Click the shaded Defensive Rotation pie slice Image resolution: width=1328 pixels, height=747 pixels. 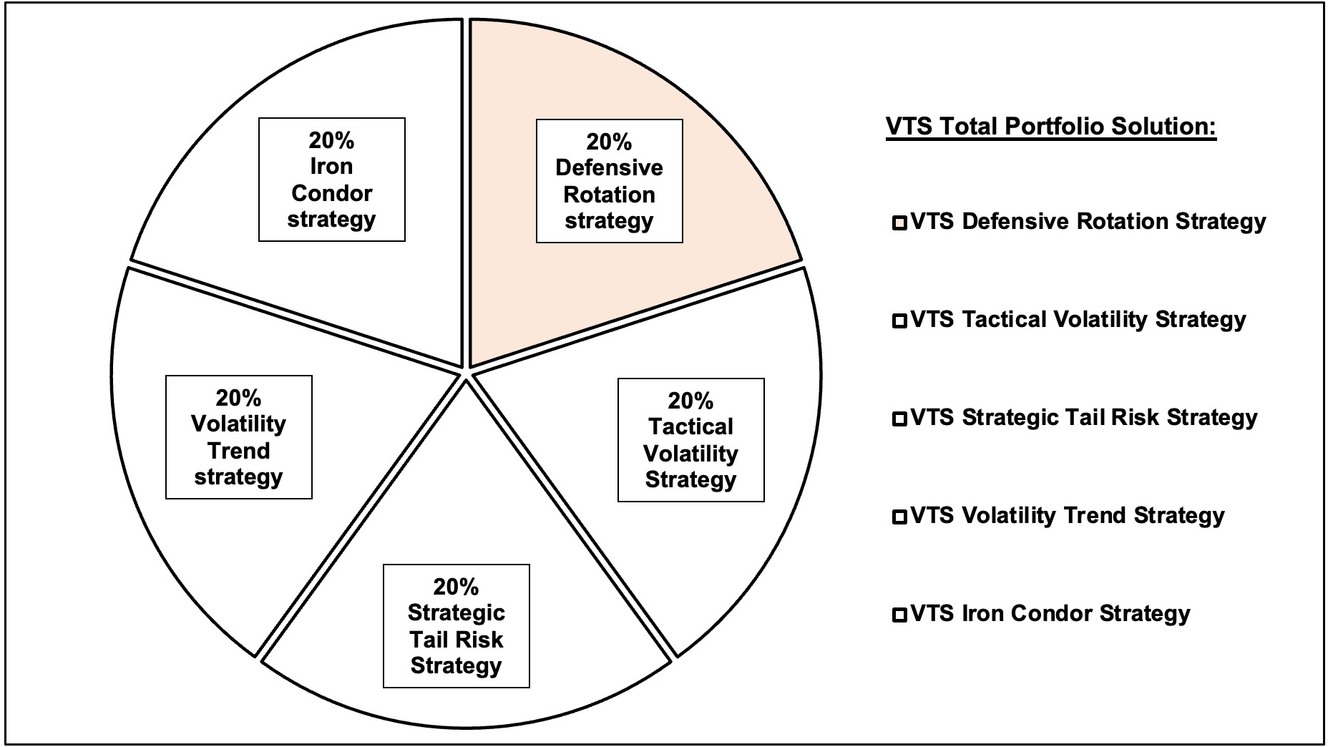point(716,286)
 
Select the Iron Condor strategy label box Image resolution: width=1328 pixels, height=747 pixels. point(332,180)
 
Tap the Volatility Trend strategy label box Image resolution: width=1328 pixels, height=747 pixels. point(239,437)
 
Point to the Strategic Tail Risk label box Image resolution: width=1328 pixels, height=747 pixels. point(456,626)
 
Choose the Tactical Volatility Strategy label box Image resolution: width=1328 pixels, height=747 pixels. point(691,440)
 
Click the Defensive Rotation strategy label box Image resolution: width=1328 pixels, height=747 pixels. point(610,181)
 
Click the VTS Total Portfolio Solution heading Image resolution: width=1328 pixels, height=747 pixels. point(1051,127)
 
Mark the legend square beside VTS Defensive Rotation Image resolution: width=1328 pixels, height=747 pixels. point(899,223)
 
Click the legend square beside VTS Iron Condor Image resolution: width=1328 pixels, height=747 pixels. point(899,615)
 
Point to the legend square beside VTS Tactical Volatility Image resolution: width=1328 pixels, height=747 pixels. point(899,321)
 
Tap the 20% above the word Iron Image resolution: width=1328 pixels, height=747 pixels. point(332,141)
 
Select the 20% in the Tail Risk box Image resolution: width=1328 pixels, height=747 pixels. point(456,587)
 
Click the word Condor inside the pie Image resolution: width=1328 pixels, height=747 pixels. point(332,193)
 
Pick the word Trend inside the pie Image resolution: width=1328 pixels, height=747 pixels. point(239,451)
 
